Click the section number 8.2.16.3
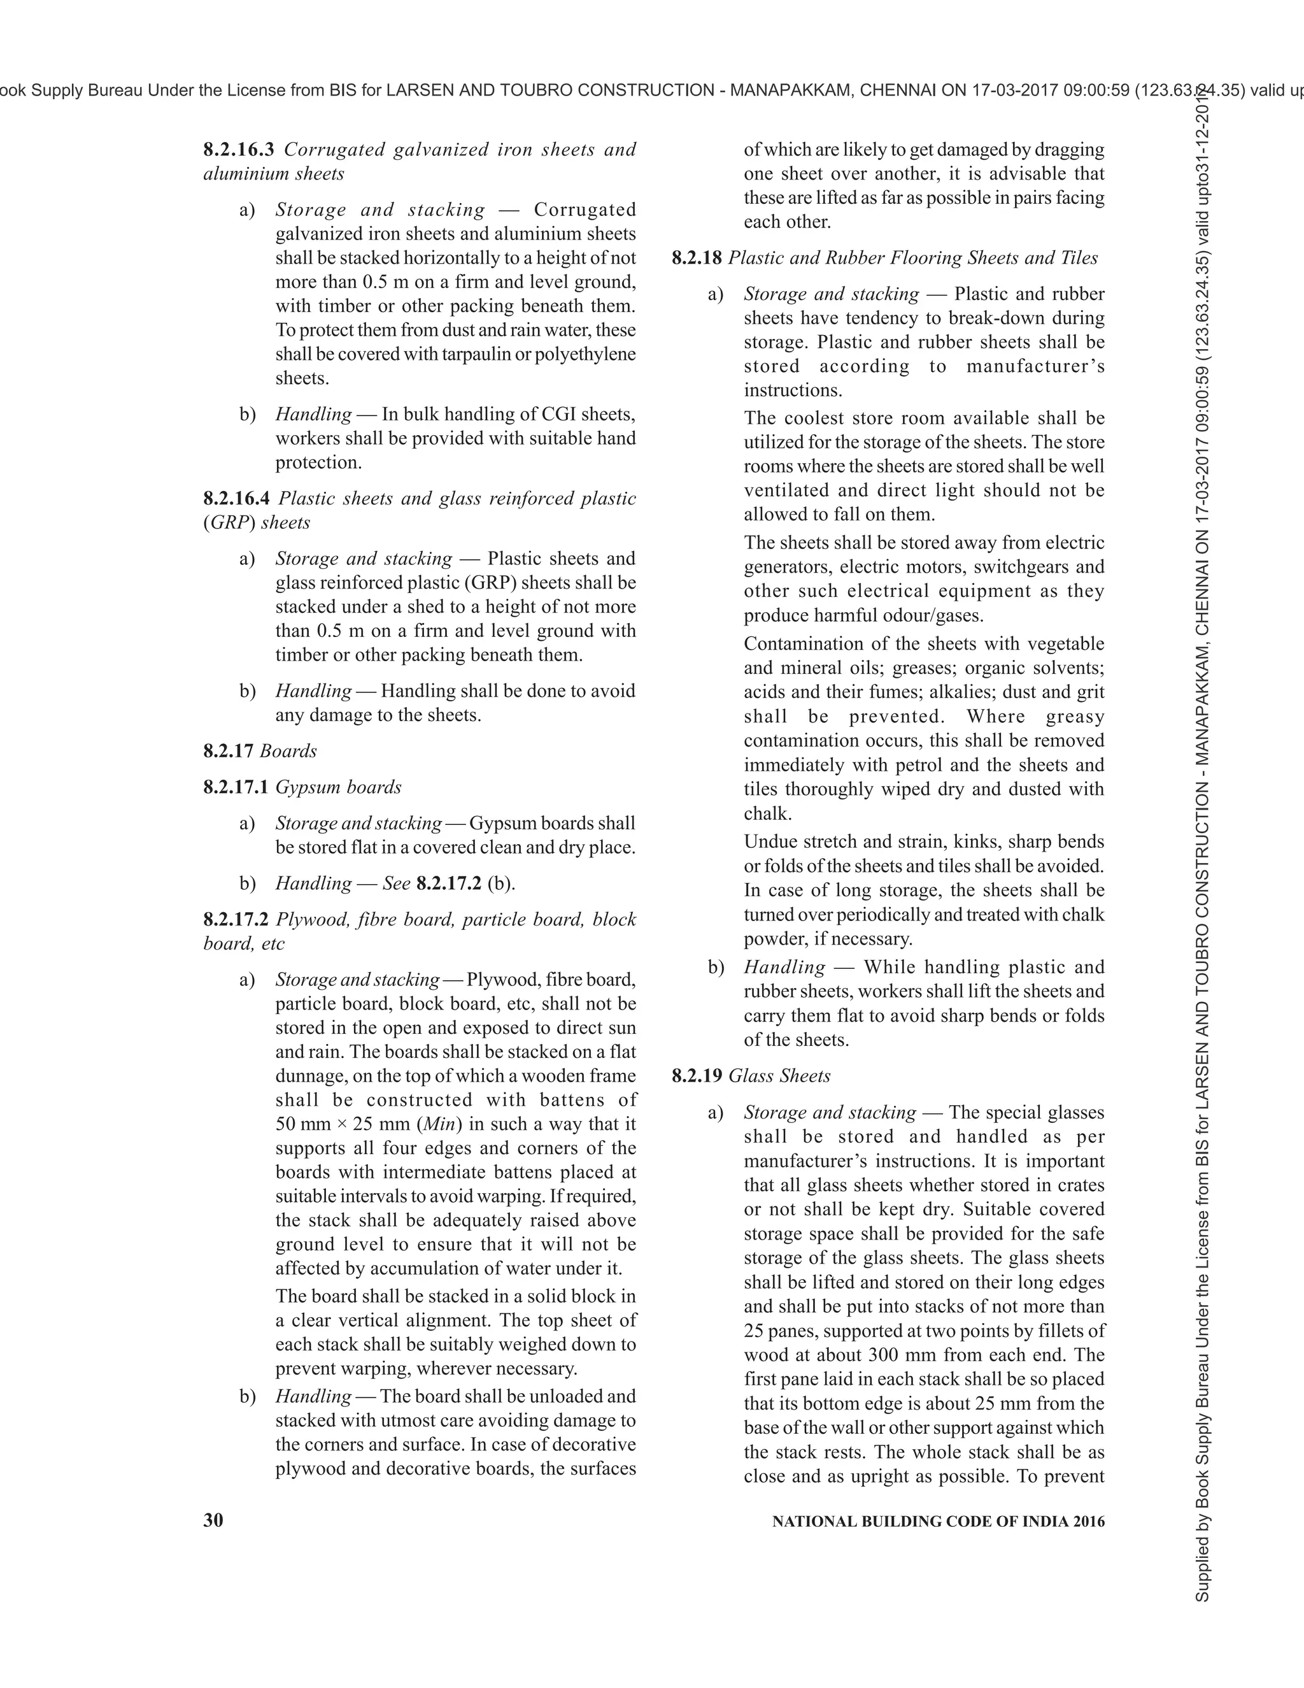(239, 149)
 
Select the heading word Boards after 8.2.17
(288, 751)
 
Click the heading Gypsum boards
(338, 787)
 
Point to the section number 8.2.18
(697, 258)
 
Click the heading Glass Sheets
(779, 1076)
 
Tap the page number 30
(213, 1520)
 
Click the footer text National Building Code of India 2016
(938, 1522)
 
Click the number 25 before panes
(754, 1331)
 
